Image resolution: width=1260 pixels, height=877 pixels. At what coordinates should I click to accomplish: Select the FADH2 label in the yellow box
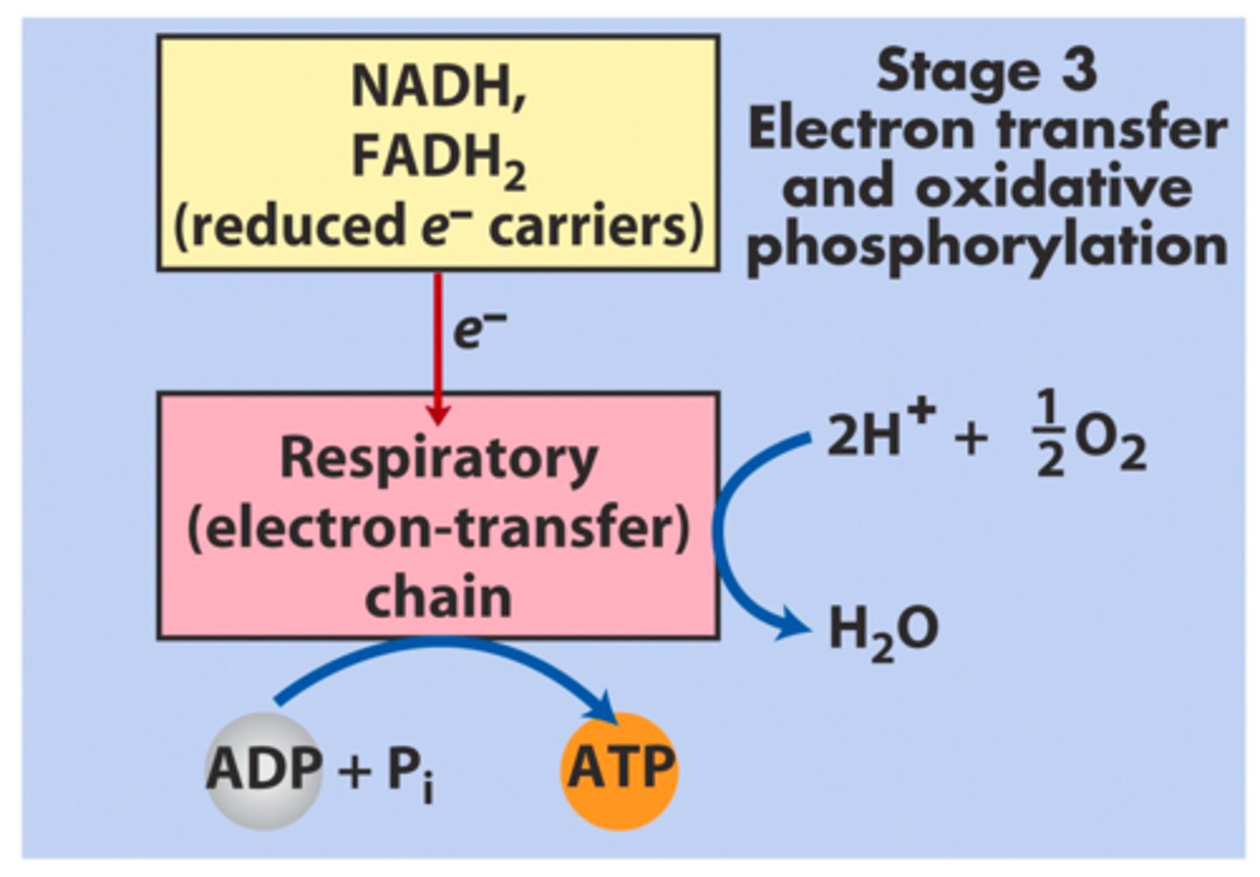437,158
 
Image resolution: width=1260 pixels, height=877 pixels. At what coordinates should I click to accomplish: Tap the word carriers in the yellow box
595,228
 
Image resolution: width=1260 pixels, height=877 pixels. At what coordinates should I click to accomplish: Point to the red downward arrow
437,350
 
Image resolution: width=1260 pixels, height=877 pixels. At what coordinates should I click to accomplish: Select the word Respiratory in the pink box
437,459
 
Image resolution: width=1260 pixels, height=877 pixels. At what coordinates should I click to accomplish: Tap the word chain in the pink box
437,597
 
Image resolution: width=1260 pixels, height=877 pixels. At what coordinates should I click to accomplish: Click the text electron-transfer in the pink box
437,529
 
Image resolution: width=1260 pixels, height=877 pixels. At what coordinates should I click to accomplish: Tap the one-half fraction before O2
1049,434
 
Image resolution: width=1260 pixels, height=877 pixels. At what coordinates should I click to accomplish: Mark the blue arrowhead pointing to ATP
602,705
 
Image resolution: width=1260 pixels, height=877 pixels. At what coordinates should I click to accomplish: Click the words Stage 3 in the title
986,70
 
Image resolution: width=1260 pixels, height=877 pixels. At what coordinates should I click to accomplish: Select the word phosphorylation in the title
986,247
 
